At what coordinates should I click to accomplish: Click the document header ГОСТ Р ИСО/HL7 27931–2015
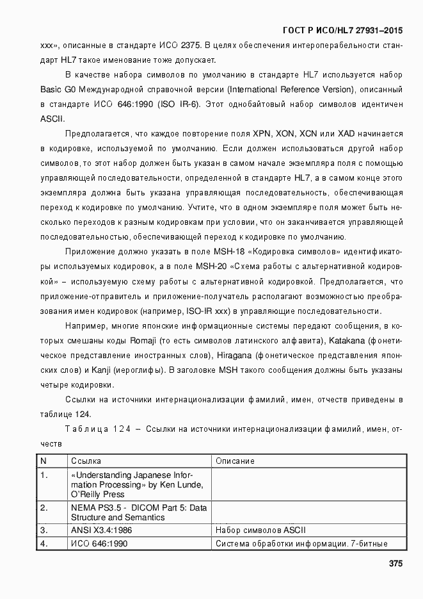click(x=343, y=29)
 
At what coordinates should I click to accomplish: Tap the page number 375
click(x=395, y=564)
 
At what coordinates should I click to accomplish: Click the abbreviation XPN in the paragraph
click(x=262, y=134)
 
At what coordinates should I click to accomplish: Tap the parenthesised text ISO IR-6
click(x=181, y=104)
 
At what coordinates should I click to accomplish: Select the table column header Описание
click(x=235, y=461)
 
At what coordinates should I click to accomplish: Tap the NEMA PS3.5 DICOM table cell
click(x=139, y=512)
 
